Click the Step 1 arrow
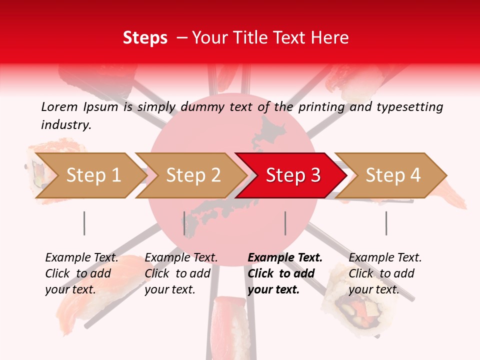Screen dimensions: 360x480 click(x=87, y=175)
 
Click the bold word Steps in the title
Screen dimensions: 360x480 click(x=145, y=38)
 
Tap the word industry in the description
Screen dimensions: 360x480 click(x=65, y=125)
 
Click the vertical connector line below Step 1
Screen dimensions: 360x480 click(x=84, y=223)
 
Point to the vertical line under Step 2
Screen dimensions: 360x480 click(x=184, y=223)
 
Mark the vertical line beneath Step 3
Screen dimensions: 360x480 click(x=285, y=223)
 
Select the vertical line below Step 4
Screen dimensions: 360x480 click(x=386, y=223)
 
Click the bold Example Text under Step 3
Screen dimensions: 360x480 click(x=285, y=258)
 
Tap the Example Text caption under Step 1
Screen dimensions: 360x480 click(x=81, y=258)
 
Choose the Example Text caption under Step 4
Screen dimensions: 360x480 click(x=385, y=258)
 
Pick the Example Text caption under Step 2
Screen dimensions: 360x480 click(x=181, y=258)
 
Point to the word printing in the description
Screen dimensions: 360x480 click(x=320, y=107)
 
